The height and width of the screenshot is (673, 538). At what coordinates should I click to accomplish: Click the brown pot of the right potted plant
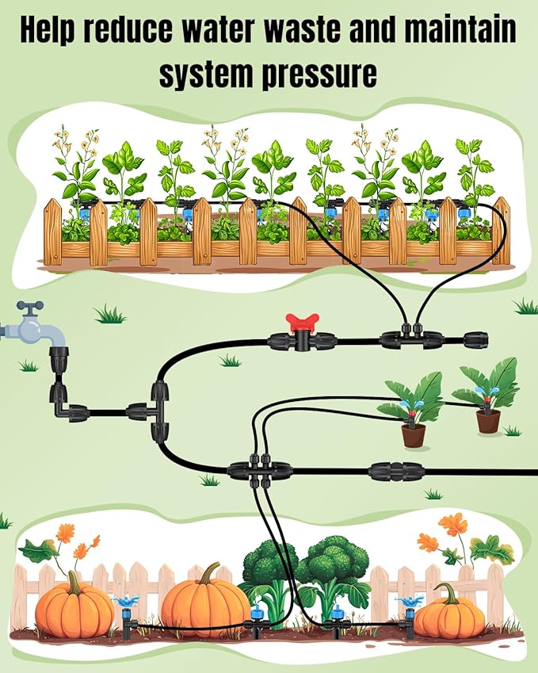coord(488,420)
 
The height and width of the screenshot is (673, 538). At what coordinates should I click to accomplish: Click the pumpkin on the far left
coord(74,609)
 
